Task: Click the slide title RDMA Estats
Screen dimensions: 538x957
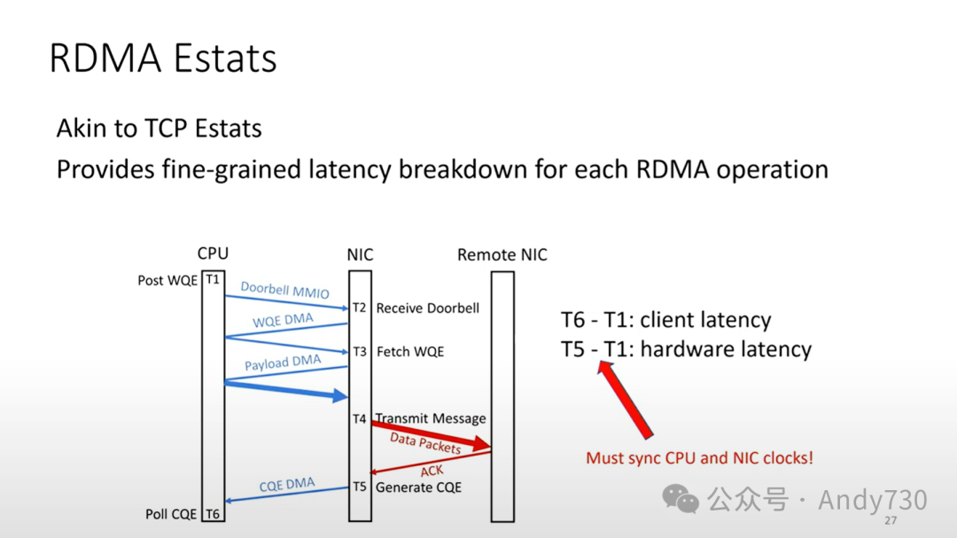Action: pos(163,58)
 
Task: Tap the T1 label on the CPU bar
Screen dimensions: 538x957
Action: pos(213,280)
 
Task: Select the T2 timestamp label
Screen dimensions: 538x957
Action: pos(359,308)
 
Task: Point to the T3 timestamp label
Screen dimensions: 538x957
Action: pos(359,352)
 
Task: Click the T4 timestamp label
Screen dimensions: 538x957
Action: pos(359,418)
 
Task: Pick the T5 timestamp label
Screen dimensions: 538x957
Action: pos(359,487)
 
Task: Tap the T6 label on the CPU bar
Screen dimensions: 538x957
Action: pos(213,514)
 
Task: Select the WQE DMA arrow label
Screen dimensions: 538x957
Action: pos(283,321)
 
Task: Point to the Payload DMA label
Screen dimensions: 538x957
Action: pos(283,363)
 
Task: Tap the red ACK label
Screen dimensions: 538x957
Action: pos(432,471)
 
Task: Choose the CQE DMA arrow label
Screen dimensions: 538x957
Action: pos(287,485)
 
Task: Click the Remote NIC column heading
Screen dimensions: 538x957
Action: pos(502,255)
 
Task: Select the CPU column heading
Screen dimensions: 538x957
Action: pos(213,254)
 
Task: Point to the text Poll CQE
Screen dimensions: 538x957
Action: pos(171,514)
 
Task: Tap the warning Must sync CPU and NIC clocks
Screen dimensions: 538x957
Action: pos(699,458)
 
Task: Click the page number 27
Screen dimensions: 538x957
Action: pos(891,520)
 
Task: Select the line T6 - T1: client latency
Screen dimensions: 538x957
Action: pos(666,320)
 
